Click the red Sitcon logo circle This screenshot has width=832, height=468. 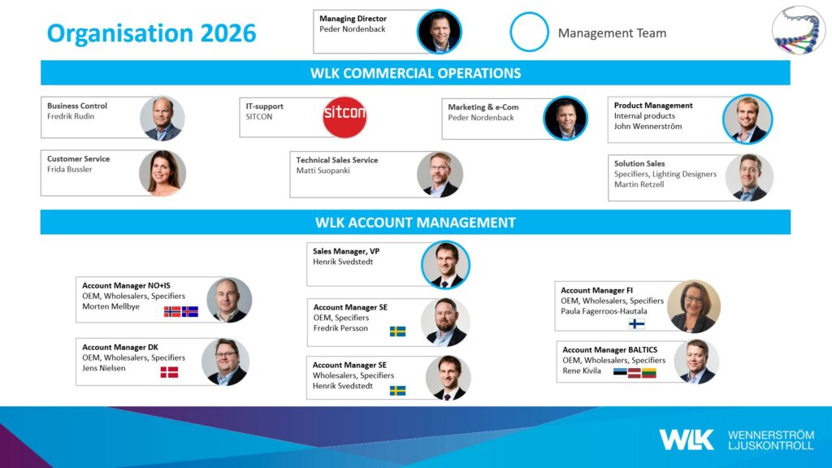[344, 117]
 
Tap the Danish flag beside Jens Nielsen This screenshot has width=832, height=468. [169, 372]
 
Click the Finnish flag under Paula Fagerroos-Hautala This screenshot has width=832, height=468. [636, 323]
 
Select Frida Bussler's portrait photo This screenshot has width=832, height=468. [162, 173]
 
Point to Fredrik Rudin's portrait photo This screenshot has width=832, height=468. [162, 119]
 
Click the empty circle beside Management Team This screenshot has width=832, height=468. [529, 32]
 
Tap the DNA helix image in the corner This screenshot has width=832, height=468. [799, 30]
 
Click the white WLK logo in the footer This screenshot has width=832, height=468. [686, 440]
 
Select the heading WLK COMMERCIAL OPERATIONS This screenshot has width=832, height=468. [415, 73]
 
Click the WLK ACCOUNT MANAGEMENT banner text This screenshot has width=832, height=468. [415, 223]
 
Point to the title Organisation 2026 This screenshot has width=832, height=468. [152, 32]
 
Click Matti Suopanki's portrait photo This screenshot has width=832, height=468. [440, 175]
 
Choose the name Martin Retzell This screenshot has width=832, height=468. [639, 184]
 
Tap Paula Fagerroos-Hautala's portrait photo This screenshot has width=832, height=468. [694, 306]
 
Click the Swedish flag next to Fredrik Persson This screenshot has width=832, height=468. [397, 331]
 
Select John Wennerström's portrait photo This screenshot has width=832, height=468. [747, 119]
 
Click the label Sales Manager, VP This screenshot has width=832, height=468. [346, 252]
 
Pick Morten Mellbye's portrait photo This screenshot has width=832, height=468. [229, 300]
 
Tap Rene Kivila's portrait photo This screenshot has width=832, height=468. [696, 362]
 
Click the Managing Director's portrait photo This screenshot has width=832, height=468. [440, 32]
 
